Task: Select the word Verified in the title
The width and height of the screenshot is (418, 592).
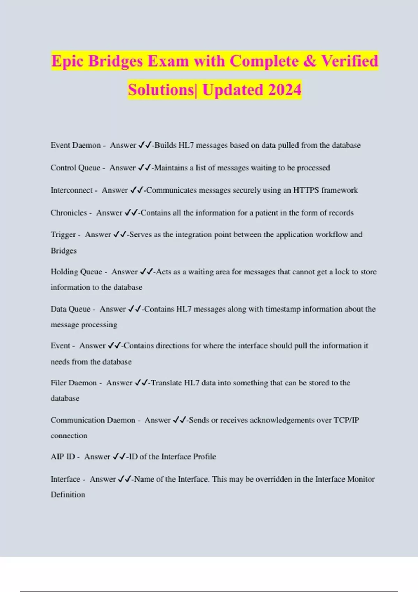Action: pos(349,61)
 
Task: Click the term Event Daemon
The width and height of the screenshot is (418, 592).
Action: pos(76,145)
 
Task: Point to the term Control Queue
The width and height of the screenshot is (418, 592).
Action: pos(75,168)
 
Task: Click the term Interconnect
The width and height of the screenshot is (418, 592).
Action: pos(71,190)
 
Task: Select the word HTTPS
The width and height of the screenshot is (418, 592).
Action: pos(306,190)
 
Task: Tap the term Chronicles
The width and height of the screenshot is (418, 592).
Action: pos(69,213)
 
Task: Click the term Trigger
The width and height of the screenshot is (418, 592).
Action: pos(63,235)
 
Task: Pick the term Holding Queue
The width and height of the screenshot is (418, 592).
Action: pos(76,272)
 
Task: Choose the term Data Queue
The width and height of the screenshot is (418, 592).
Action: pos(70,309)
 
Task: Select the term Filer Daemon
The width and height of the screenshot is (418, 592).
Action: pos(73,383)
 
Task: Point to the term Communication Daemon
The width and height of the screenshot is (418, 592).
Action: pos(93,420)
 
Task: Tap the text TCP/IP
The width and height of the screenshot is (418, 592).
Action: pos(346,420)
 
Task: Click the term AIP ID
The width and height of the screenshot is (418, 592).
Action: pos(63,457)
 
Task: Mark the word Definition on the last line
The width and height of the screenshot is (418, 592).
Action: pos(68,494)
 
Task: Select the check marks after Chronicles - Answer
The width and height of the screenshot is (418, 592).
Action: pos(131,212)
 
